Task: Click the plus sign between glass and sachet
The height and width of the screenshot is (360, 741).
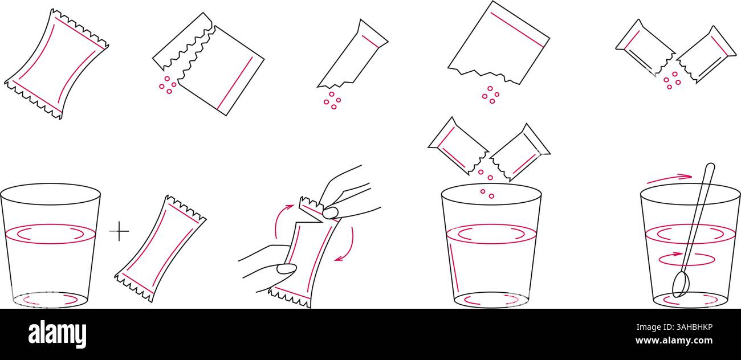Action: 119,231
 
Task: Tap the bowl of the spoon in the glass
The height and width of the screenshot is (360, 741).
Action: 679,284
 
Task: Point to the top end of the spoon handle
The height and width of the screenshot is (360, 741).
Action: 710,167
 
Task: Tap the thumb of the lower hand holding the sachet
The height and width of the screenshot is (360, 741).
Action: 286,269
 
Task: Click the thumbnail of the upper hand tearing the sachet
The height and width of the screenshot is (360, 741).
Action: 330,212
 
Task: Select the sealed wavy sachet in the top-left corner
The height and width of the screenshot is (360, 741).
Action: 56,64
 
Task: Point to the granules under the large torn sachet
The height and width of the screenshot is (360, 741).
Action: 490,95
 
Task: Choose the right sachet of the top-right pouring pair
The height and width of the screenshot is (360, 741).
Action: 706,54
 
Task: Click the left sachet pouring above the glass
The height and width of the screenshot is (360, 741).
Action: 457,146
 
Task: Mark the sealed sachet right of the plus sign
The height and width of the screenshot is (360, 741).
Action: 160,248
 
